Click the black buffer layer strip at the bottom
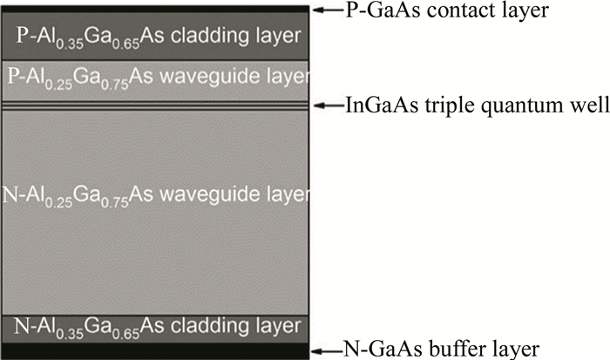pyautogui.click(x=157, y=350)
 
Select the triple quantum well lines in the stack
pyautogui.click(x=157, y=105)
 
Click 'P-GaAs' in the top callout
pyautogui.click(x=368, y=10)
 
